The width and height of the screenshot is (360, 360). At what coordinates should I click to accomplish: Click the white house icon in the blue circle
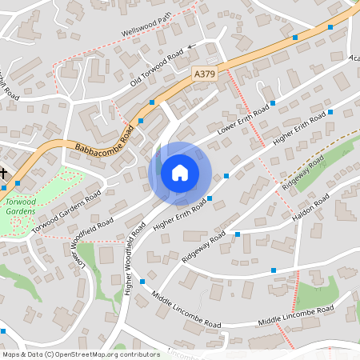click(x=180, y=172)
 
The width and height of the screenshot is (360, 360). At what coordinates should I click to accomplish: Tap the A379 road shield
click(x=206, y=73)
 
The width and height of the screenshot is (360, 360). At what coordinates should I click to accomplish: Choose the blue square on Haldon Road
click(x=274, y=270)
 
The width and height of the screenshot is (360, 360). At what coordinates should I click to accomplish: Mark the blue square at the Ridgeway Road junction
click(x=237, y=234)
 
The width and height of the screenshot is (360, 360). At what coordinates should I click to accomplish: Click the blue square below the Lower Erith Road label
click(x=226, y=175)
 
